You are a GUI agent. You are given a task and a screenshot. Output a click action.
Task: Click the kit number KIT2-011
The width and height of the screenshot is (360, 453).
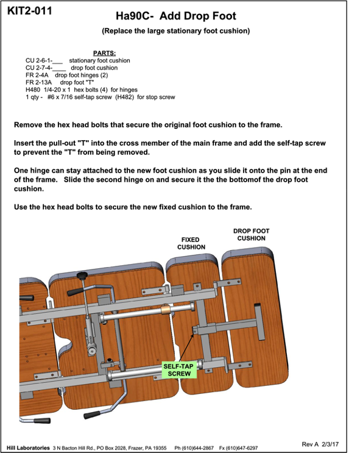[29, 11]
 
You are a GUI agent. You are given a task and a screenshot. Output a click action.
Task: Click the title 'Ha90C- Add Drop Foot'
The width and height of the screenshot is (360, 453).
[176, 16]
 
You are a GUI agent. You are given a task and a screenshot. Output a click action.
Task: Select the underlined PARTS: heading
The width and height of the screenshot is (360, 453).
[104, 53]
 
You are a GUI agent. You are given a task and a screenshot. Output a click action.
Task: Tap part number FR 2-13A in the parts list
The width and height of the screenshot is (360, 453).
[39, 82]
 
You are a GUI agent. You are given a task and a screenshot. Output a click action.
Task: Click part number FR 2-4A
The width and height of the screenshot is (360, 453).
[37, 75]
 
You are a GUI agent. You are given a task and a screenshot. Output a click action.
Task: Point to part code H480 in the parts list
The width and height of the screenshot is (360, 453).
[33, 90]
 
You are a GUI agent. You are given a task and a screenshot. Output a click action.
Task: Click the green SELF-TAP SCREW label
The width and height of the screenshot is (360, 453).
[179, 370]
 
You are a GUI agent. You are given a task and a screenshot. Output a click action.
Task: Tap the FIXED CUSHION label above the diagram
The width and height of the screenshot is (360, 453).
[191, 243]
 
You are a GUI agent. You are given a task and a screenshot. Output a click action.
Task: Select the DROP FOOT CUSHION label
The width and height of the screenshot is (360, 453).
[251, 235]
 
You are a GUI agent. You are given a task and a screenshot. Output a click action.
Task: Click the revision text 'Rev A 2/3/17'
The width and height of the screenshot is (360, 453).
[320, 444]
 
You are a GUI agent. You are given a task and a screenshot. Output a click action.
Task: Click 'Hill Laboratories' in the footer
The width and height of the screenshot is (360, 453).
[28, 448]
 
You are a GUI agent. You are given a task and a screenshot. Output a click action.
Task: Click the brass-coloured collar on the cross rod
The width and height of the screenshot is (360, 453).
[166, 310]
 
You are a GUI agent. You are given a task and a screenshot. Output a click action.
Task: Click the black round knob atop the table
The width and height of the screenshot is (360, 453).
[82, 276]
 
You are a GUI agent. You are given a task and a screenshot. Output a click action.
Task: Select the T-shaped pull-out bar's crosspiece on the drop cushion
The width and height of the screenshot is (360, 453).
[259, 321]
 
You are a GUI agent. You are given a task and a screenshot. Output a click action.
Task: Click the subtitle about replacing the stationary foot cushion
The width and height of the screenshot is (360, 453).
[176, 31]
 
